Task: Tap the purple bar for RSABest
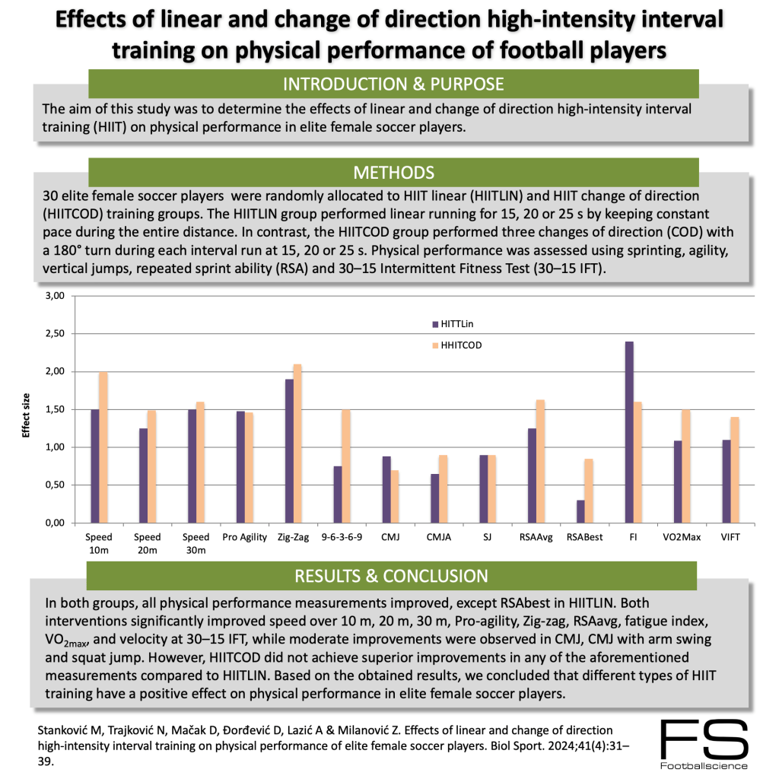pos(580,511)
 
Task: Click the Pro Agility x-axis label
pos(244,537)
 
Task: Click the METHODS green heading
pos(393,172)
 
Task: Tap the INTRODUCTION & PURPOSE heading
pos(393,83)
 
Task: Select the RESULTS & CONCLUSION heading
pos(393,576)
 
